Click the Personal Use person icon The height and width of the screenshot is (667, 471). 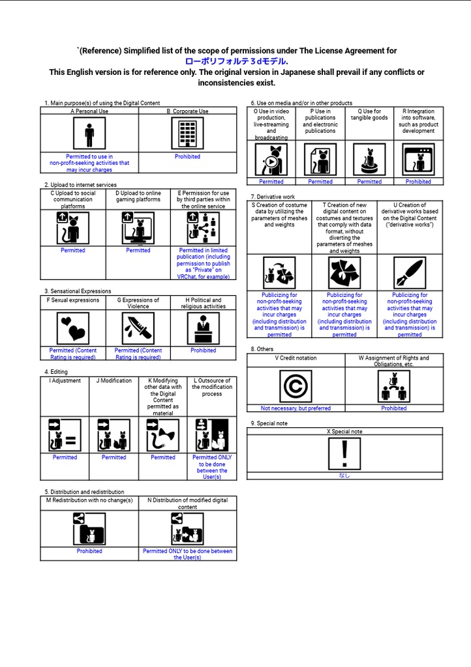89,134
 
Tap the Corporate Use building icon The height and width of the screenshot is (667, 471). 188,134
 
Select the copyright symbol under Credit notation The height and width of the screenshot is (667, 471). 296,386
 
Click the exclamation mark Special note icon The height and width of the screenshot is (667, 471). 344,453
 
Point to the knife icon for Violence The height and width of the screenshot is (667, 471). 138,328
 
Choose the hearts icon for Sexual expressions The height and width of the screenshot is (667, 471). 73,328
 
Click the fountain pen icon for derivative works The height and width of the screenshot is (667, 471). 410,273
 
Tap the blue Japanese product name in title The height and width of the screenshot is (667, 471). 236,62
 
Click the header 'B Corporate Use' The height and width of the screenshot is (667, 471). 187,111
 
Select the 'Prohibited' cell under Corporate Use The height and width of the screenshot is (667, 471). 187,157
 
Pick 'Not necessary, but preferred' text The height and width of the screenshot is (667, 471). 296,408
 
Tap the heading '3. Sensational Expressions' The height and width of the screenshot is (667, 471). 78,291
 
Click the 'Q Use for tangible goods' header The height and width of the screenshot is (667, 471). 369,115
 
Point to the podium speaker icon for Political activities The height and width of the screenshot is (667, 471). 204,328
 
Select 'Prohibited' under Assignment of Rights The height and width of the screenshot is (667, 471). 394,408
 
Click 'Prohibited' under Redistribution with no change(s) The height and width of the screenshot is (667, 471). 89,551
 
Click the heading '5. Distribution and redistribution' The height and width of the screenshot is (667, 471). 84,492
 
